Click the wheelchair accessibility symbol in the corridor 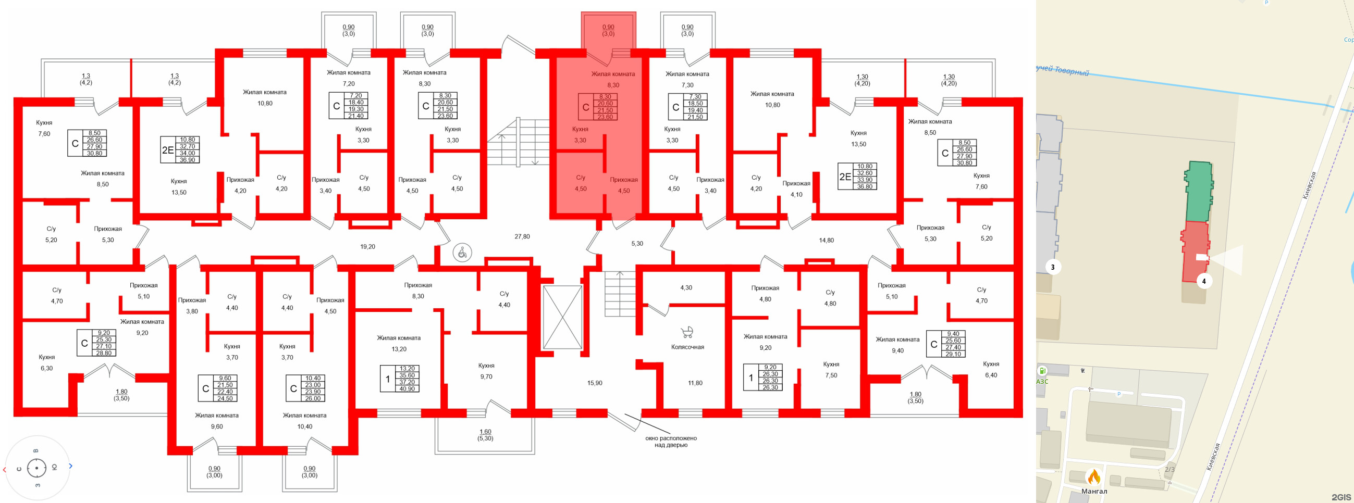tap(462, 253)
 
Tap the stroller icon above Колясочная tap(686, 332)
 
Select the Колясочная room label tap(687, 347)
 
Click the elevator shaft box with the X tap(562, 317)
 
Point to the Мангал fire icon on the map tap(1094, 477)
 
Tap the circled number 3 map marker tap(1052, 267)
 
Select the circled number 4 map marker tap(1204, 281)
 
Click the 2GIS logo tap(1341, 497)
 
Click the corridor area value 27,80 tap(522, 237)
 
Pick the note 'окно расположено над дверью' tap(671, 442)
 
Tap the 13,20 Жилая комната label tap(398, 343)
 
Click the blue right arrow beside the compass tap(71, 466)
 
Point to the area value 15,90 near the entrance tap(595, 383)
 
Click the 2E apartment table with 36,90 tap(180, 150)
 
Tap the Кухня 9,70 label tap(486, 371)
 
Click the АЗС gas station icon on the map tap(1042, 371)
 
